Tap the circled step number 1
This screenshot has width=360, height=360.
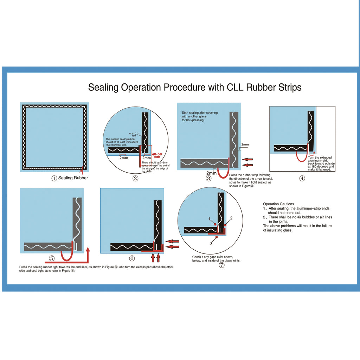(54, 178)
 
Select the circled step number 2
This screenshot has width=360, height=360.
(135, 178)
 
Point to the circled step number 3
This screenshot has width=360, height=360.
(208, 178)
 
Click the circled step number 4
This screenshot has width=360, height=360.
(302, 178)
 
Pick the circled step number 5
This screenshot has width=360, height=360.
(52, 258)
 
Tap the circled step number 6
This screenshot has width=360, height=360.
(132, 258)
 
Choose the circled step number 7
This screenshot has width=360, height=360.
(221, 265)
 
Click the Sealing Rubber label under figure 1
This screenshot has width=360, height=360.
(73, 178)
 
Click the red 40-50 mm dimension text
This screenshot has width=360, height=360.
(157, 155)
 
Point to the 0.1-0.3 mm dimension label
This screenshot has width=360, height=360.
(134, 135)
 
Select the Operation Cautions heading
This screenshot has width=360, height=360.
(278, 204)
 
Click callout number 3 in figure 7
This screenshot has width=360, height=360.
(211, 243)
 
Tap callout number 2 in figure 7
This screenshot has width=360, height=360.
(231, 218)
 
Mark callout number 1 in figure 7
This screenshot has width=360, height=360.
(209, 219)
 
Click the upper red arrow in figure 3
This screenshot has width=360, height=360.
(247, 159)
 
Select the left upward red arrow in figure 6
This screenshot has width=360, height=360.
(153, 258)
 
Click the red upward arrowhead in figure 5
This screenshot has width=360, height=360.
(88, 250)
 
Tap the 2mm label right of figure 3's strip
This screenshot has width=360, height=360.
(245, 144)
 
